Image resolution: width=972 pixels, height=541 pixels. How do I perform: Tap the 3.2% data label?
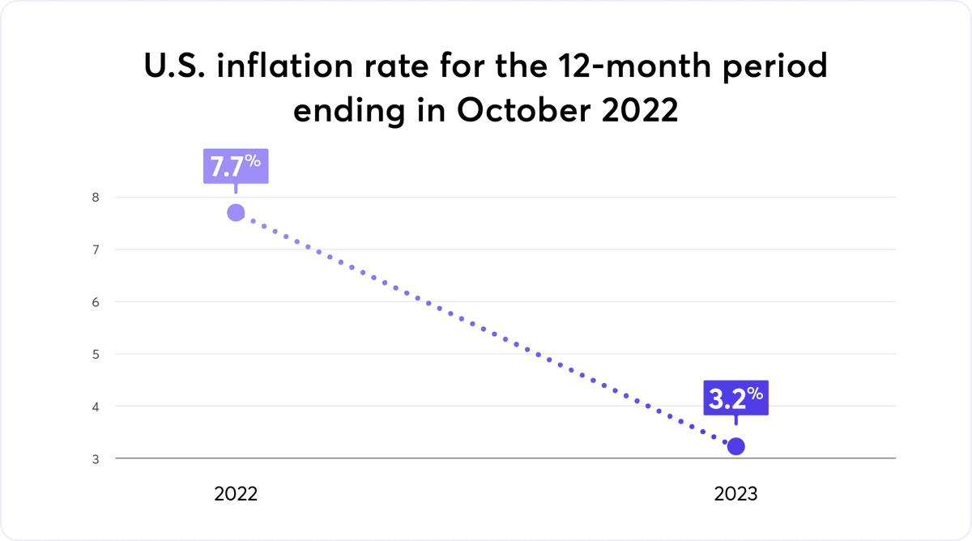click(x=735, y=398)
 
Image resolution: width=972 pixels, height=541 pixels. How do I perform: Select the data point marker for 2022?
click(x=236, y=213)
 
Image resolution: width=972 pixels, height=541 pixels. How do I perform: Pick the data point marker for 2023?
click(x=735, y=446)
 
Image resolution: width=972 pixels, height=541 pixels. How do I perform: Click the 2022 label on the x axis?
click(x=236, y=494)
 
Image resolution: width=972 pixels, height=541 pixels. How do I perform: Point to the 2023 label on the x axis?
click(x=735, y=494)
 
